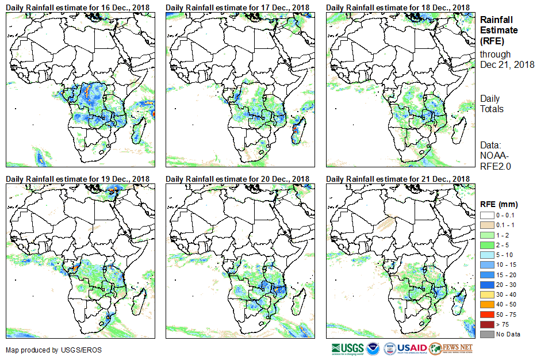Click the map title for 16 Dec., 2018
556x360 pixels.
point(78,6)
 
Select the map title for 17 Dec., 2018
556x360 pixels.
point(237,6)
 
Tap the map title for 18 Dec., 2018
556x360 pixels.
point(397,6)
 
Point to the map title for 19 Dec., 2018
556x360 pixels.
point(78,179)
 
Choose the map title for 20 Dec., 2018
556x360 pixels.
point(237,179)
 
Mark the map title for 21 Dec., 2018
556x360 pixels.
point(397,179)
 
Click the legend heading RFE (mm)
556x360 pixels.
point(499,204)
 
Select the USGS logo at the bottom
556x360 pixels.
point(347,348)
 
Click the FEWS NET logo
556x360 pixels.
point(451,348)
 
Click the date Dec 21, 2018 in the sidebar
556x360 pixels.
point(507,64)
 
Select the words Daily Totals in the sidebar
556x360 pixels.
point(492,104)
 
